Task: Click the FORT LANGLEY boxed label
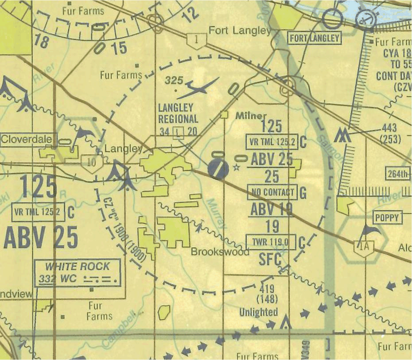(x=314, y=38)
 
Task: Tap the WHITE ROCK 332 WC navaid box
(x=78, y=273)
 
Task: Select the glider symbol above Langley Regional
(x=198, y=88)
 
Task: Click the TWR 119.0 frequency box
(x=271, y=242)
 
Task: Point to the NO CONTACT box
(x=272, y=192)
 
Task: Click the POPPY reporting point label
(x=388, y=218)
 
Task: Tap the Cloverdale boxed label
(x=28, y=139)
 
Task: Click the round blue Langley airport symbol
(x=218, y=169)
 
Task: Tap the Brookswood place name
(x=220, y=252)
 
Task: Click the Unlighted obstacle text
(x=258, y=312)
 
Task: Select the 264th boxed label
(x=398, y=173)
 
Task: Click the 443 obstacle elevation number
(x=389, y=128)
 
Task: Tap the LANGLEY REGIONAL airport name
(x=178, y=113)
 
